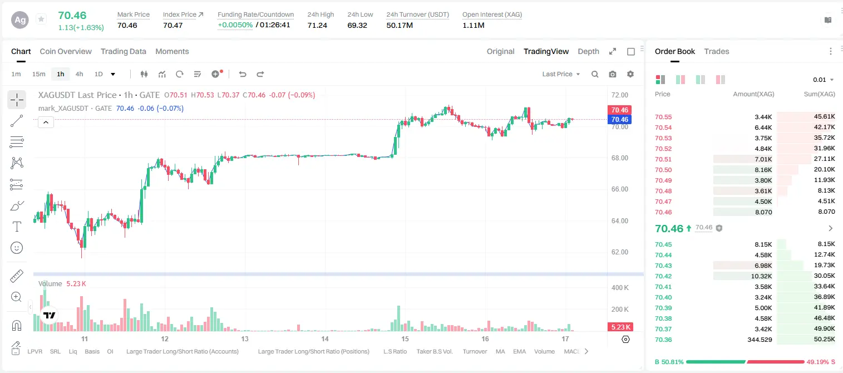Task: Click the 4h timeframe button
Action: [79, 74]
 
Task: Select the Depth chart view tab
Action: [588, 51]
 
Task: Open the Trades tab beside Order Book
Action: [717, 51]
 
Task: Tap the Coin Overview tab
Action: [66, 51]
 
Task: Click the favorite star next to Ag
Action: [41, 19]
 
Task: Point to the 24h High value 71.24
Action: [317, 25]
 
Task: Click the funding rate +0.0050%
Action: [235, 25]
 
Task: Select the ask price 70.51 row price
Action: [663, 159]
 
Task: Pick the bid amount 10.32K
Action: [761, 276]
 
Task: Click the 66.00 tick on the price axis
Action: [620, 189]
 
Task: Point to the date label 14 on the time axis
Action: [325, 338]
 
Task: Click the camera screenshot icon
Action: [613, 74]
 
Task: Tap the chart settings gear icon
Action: [630, 74]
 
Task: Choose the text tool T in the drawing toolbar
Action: [17, 227]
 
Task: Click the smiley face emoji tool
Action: [17, 248]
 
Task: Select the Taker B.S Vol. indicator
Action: [434, 351]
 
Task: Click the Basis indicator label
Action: [92, 351]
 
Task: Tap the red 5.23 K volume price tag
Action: [620, 327]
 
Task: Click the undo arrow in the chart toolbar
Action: [243, 74]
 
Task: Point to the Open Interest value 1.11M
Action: [474, 25]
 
